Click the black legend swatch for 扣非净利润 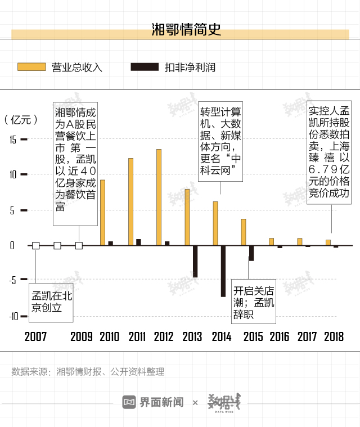(144, 67)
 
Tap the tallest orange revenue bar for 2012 (159, 197)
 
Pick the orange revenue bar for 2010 (102, 213)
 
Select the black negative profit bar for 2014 (223, 271)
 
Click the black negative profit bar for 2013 (195, 262)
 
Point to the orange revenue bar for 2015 (244, 232)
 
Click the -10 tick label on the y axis (13, 316)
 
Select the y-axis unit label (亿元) (21, 119)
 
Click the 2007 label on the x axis (35, 337)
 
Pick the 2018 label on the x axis (335, 337)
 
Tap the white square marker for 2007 (36, 245)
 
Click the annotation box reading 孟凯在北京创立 (51, 302)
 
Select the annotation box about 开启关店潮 (254, 302)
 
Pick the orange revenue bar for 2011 (130, 201)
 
